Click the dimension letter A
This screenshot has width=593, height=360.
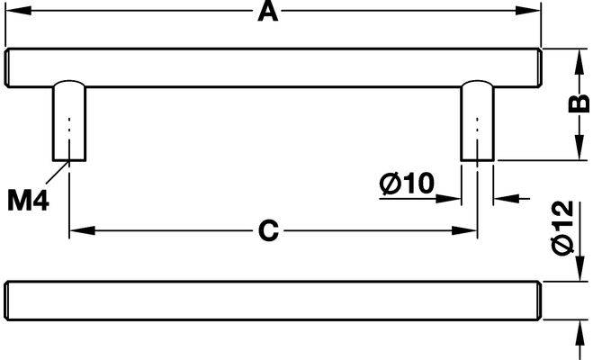pos(268,12)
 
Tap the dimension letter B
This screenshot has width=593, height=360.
pos(579,103)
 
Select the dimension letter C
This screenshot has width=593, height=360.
pos(268,230)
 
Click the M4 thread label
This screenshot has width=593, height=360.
pos(29,201)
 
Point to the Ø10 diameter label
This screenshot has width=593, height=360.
pos(407,184)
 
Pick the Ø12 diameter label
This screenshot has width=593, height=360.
pos(563,228)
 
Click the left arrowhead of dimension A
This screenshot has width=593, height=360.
pos(18,11)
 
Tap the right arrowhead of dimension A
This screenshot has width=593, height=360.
pos(528,11)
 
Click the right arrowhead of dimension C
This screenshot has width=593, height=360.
pos(464,230)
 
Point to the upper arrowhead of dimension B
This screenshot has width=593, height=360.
pos(579,61)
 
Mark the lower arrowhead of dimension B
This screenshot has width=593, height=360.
pos(579,148)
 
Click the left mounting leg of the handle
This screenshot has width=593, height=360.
pos(69,121)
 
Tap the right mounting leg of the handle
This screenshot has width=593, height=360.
pos(477,121)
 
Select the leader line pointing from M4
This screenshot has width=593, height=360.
pos(58,173)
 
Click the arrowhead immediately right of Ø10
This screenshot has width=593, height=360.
pos(448,198)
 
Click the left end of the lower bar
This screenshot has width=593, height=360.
pos(7,301)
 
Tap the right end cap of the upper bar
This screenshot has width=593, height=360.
pos(538,68)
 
